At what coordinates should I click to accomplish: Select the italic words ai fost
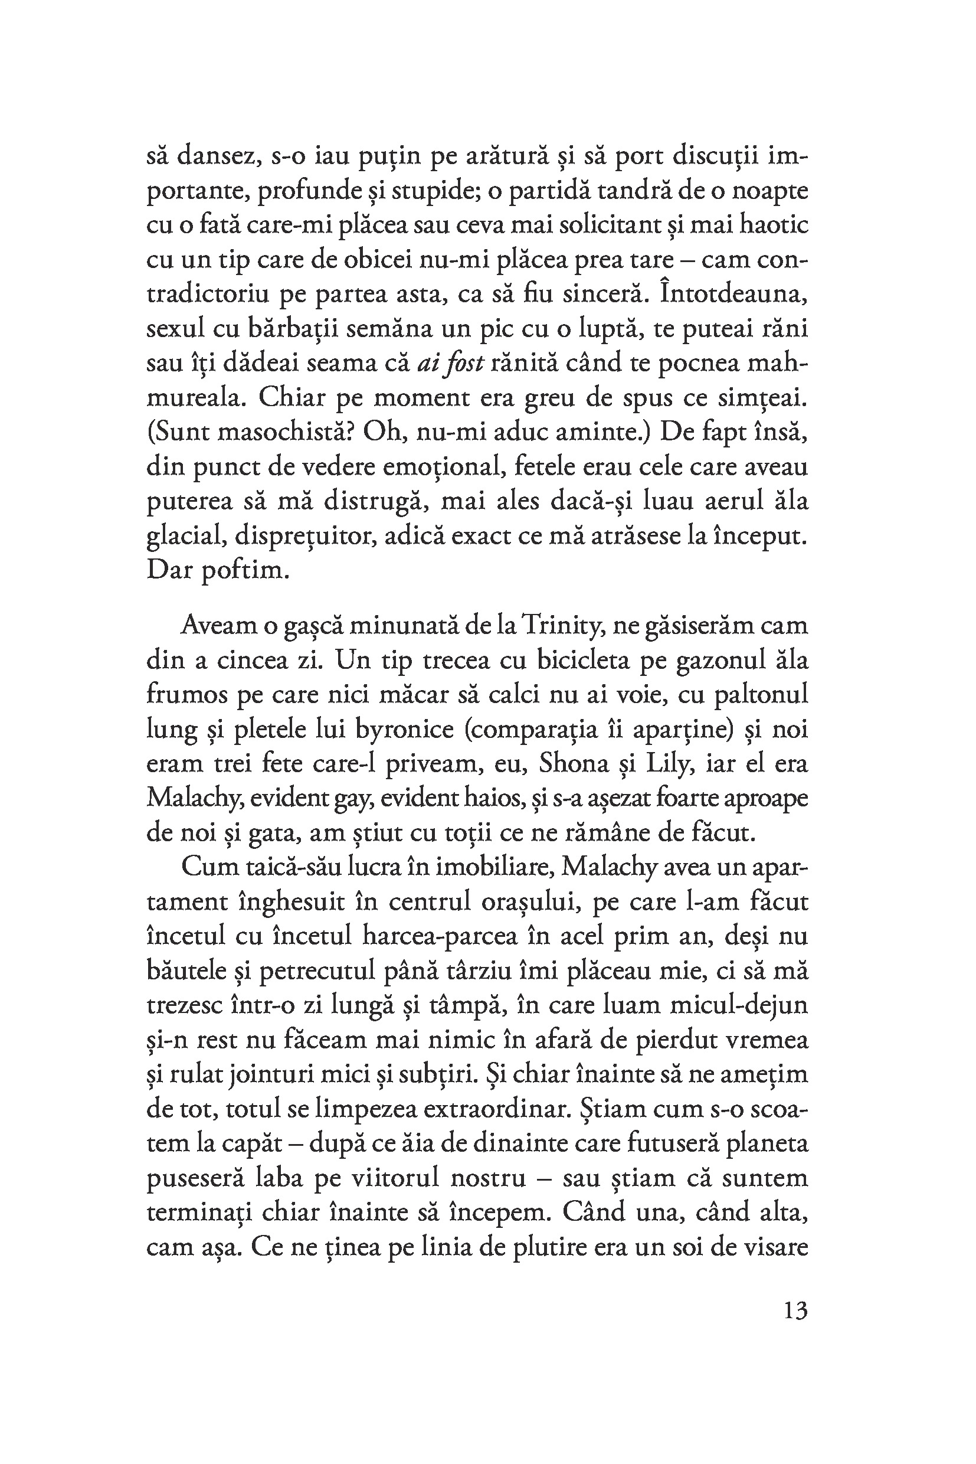[x=450, y=364]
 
